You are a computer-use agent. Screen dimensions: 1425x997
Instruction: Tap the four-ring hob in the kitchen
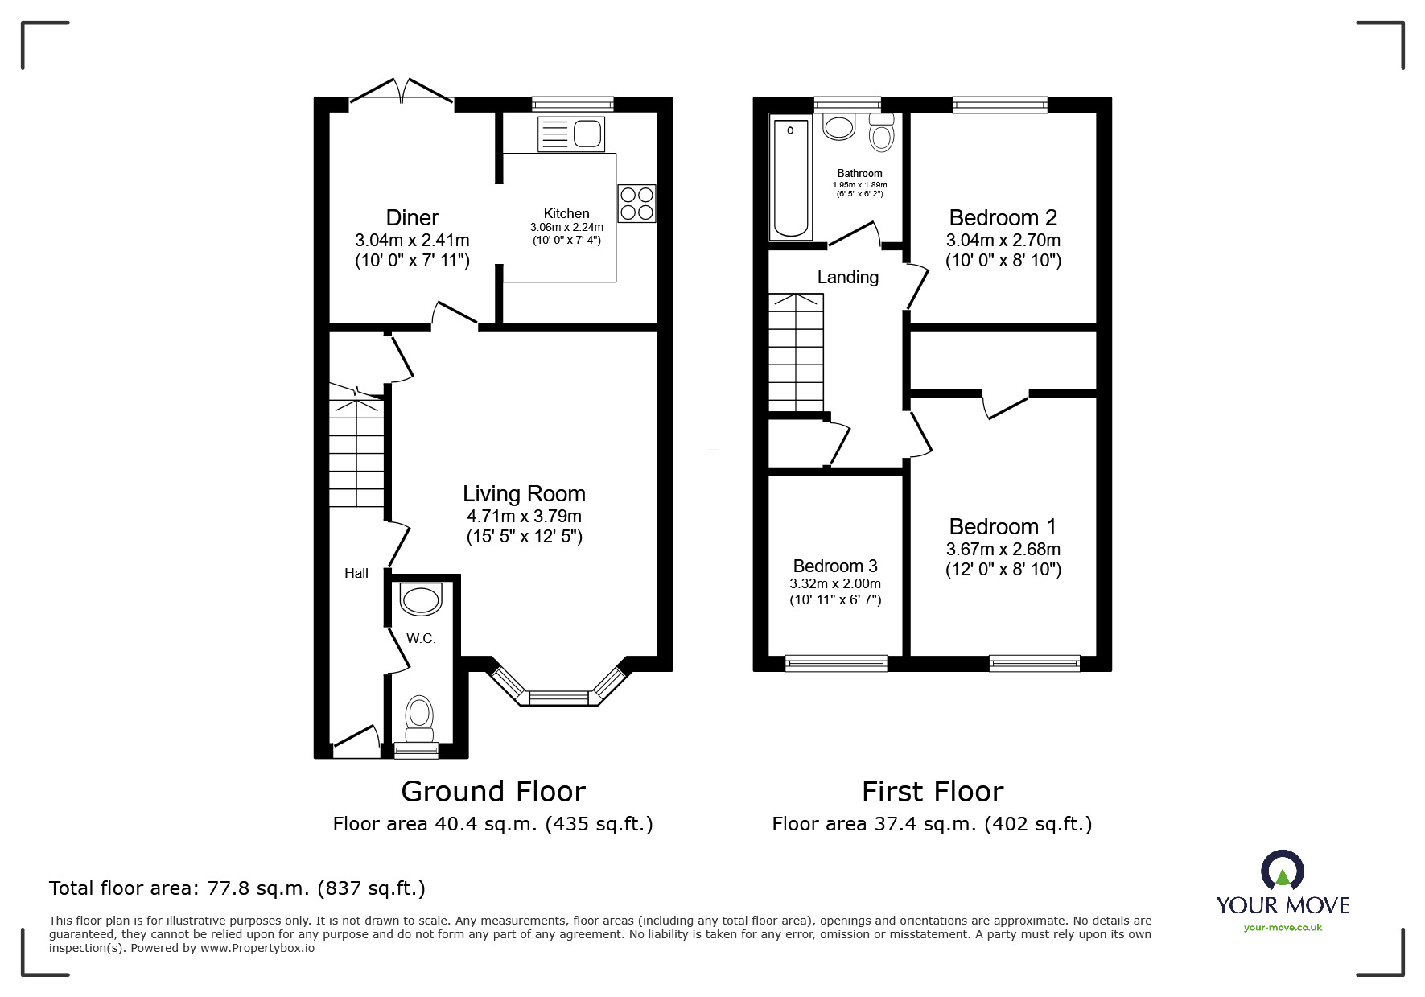point(637,204)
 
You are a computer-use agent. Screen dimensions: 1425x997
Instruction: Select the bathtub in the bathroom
point(792,178)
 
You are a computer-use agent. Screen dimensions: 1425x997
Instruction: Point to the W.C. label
point(421,638)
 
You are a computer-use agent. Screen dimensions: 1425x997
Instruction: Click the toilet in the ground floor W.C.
point(419,718)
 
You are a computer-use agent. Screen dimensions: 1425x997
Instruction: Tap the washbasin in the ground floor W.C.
point(421,599)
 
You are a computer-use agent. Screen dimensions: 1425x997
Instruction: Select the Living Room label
point(524,493)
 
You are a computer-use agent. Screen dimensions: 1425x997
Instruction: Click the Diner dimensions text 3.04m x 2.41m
point(412,240)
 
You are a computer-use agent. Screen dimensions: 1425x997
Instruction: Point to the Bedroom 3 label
point(835,566)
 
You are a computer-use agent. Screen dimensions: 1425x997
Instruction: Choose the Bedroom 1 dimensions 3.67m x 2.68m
point(1003,549)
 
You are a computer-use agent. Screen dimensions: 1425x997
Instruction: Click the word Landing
point(848,278)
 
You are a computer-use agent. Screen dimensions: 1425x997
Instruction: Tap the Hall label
point(356,573)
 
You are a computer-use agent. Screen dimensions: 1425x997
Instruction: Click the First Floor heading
point(933,792)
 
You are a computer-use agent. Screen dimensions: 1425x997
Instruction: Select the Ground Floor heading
point(493,792)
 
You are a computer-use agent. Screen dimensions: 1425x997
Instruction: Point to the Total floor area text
point(237,888)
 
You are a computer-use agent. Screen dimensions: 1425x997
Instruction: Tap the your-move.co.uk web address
point(1283,928)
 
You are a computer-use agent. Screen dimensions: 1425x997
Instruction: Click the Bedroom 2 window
point(1000,104)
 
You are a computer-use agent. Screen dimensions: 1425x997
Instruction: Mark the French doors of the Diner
point(402,92)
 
